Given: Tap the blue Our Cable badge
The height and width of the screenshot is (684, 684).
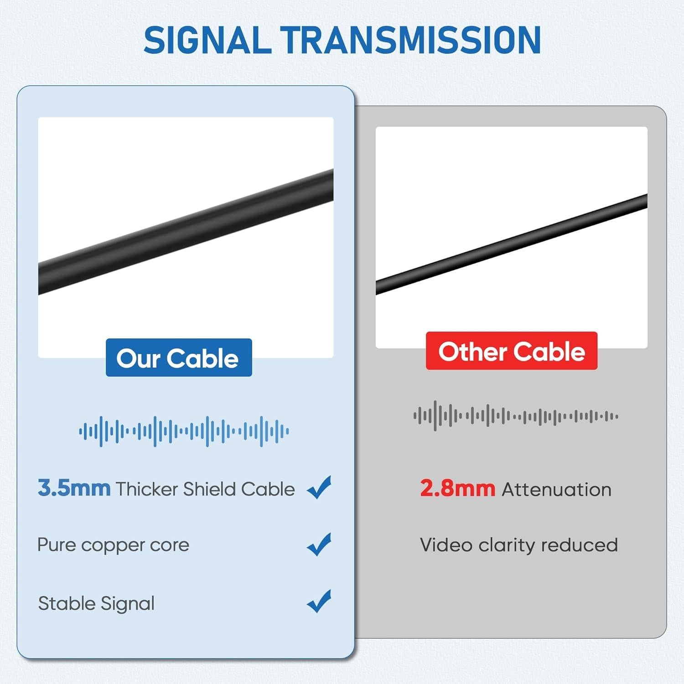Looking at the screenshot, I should (x=178, y=358).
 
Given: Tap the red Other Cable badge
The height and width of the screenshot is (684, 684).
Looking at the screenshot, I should (x=511, y=351).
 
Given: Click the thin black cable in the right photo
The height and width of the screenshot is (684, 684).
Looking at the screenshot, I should (x=511, y=244).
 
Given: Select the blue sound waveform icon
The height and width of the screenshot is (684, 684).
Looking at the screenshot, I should (x=184, y=431).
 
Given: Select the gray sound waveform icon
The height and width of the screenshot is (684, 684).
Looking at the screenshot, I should (x=516, y=416).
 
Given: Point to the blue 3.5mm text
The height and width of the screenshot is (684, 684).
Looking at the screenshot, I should (x=74, y=488).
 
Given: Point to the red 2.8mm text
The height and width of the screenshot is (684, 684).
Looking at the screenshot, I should (x=457, y=489).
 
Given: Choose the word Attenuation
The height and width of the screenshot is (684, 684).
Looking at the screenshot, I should (x=556, y=489).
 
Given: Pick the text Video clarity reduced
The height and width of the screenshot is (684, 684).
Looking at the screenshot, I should (x=518, y=545).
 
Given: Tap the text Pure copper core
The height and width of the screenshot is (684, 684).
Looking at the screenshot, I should (x=113, y=545).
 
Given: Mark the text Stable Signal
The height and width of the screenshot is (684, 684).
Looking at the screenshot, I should (x=96, y=603).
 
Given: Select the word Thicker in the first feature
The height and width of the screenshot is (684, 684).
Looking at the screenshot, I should (x=147, y=489).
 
